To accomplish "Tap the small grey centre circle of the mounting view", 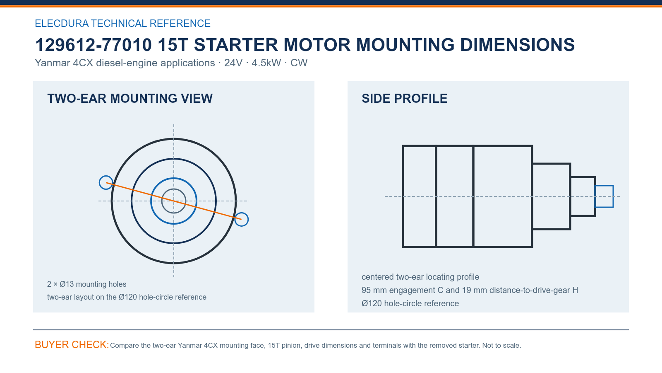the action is click(174, 189).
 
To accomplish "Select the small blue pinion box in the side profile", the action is click(604, 186).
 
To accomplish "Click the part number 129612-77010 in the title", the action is click(94, 45).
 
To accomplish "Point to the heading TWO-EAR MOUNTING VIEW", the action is click(130, 99).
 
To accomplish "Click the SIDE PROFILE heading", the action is click(404, 99).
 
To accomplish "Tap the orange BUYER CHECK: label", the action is click(72, 344).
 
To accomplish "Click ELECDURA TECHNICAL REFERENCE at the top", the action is click(122, 23).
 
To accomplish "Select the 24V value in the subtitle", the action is click(233, 63).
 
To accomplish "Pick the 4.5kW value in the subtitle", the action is click(266, 63).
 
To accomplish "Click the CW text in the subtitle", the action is click(299, 63).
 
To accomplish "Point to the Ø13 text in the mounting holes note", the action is click(67, 284).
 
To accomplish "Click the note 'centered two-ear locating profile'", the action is click(420, 277).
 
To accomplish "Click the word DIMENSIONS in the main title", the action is click(517, 45).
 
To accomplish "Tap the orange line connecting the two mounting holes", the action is click(174, 201).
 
